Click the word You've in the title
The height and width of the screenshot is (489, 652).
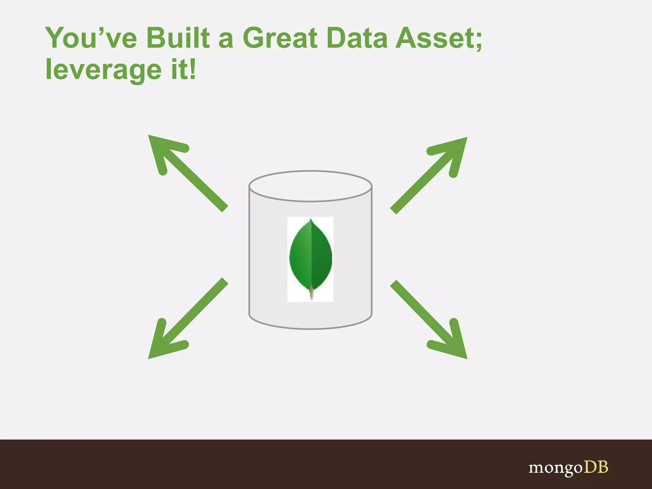[91, 38]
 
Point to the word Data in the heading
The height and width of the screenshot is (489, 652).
[357, 38]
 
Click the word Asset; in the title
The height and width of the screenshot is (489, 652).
[439, 38]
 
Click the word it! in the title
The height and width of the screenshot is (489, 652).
[183, 69]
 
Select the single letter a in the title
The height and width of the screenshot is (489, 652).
[226, 41]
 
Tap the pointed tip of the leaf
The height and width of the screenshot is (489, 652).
[311, 220]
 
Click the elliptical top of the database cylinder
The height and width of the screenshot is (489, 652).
[310, 186]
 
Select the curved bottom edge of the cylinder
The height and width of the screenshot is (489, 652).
[310, 328]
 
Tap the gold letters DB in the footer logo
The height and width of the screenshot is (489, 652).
[596, 467]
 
